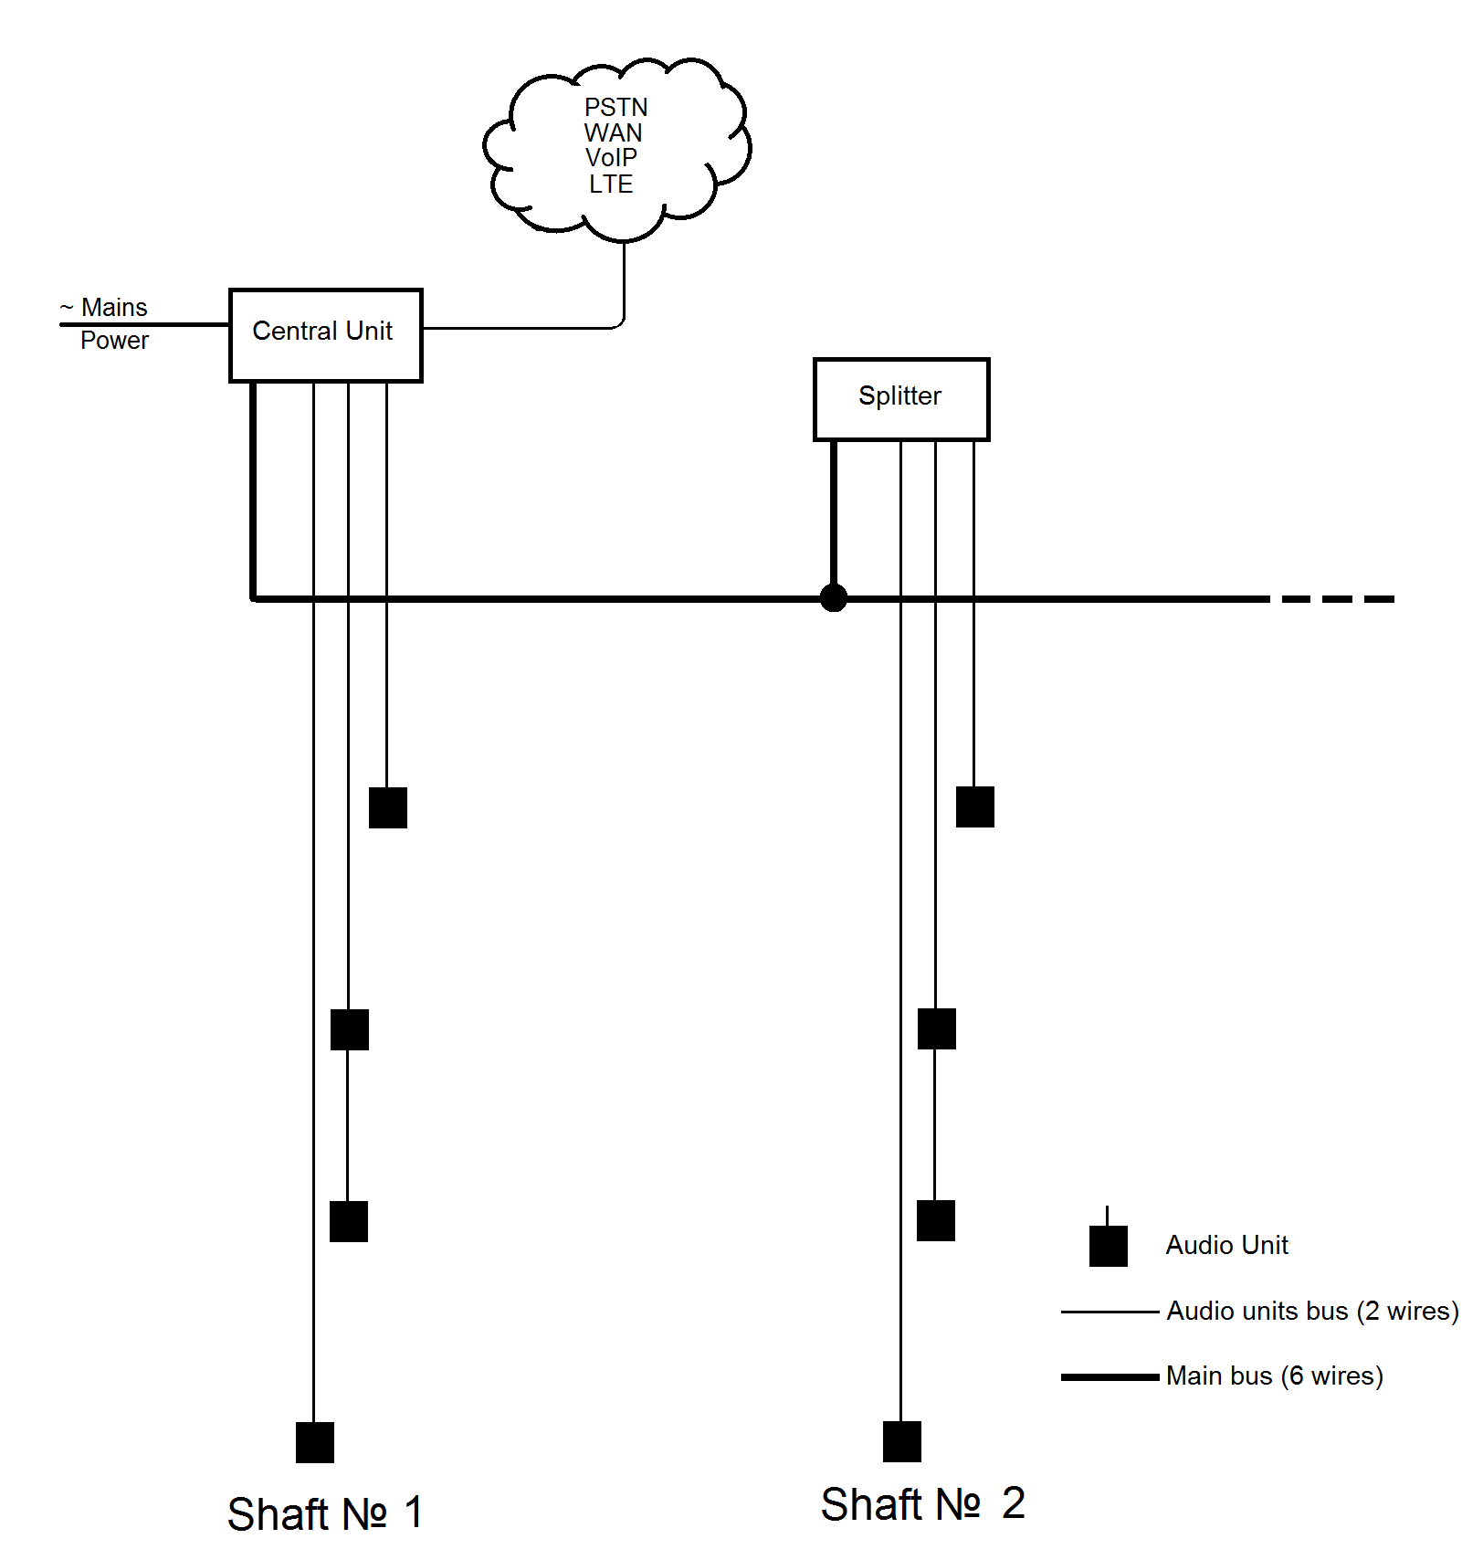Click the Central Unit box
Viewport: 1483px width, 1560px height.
325,334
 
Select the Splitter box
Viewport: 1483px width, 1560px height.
900,399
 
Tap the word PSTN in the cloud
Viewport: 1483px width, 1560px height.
615,108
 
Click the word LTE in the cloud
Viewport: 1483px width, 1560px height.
611,184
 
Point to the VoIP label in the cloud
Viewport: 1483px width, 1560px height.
611,158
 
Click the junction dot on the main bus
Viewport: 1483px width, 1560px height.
833,598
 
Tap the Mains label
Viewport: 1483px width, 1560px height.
113,308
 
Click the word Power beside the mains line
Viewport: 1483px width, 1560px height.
114,341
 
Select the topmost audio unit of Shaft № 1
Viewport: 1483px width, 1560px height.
388,807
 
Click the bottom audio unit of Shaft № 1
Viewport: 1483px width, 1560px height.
315,1442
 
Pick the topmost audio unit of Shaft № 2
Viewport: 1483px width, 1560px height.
975,806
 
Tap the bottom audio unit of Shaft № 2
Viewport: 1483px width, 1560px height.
902,1441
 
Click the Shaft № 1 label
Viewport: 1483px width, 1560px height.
324,1513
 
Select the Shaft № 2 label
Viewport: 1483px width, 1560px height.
922,1503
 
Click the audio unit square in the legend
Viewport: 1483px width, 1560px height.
1109,1246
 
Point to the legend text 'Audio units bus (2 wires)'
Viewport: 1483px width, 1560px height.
1312,1312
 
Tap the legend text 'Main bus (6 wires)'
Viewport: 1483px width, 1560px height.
1274,1376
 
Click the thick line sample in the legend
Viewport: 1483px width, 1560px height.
1110,1376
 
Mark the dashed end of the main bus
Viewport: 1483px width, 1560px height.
1338,599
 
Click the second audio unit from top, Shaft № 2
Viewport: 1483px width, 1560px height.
937,1028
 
